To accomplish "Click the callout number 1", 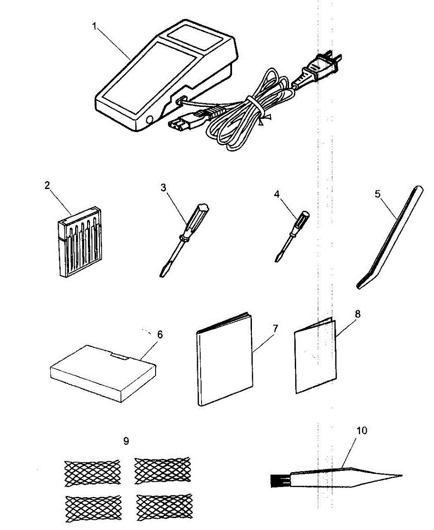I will [94, 26].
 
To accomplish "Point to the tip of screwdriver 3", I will [162, 274].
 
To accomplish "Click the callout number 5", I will [377, 195].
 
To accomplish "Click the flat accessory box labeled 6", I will [103, 373].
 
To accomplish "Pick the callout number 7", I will [274, 328].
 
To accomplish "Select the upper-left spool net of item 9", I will [86, 473].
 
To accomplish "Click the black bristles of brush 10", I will [277, 480].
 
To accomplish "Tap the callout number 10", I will [361, 430].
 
